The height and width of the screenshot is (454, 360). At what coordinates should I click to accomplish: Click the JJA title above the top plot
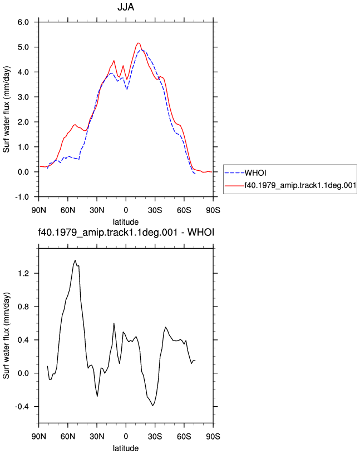tap(126, 7)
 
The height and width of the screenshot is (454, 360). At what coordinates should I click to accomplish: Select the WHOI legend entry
tap(255, 173)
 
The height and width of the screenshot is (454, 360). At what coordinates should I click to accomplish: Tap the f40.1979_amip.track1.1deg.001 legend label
tap(300, 185)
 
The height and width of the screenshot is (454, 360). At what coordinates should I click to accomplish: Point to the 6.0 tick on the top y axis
tap(23, 22)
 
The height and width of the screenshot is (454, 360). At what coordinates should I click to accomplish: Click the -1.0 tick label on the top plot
tap(22, 197)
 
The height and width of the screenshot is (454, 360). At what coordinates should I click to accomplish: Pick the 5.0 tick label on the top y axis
tap(23, 47)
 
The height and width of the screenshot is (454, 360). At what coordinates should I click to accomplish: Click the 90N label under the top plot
tap(38, 210)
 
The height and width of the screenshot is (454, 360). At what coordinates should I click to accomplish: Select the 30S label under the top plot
tap(155, 210)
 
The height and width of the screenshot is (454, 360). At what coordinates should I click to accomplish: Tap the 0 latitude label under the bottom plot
tap(126, 436)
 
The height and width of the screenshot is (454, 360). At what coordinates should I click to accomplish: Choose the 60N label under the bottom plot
tap(68, 436)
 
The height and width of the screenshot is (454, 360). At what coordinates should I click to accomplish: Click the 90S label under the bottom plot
tap(213, 436)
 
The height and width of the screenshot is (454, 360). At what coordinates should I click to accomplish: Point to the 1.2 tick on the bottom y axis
tap(23, 273)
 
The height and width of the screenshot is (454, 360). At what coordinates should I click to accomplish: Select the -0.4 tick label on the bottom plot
tap(22, 407)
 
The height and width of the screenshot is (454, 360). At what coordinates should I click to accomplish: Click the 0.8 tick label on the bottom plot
tap(23, 307)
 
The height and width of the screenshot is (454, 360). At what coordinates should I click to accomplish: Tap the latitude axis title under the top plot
tap(126, 222)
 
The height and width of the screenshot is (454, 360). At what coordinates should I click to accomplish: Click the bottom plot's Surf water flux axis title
tap(6, 335)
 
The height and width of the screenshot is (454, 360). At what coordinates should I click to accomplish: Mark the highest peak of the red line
tap(139, 43)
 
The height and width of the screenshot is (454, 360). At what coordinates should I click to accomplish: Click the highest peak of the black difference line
tap(75, 260)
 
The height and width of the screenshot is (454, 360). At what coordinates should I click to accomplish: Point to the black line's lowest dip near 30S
tap(152, 406)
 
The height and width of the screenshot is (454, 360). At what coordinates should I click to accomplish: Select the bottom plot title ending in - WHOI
tap(126, 232)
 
